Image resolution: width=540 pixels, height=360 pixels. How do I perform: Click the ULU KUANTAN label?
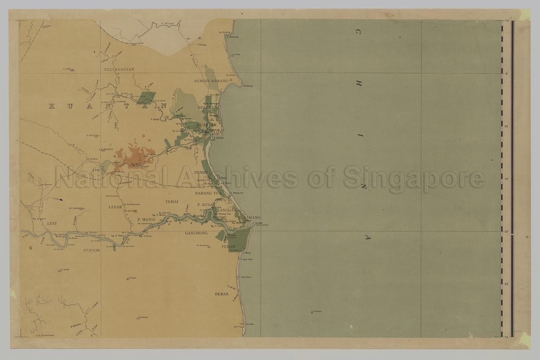[x=119, y=69]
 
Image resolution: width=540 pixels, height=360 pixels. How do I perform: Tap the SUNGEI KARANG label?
[x=209, y=81]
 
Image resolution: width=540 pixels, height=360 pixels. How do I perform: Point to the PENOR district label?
[x=201, y=173]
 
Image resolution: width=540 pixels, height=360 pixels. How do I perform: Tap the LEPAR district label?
[x=115, y=207]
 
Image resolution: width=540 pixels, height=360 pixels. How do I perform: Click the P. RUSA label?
[x=204, y=205]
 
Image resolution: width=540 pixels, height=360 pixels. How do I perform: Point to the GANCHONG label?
[x=196, y=233]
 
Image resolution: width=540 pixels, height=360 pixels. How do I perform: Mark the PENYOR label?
[x=92, y=250]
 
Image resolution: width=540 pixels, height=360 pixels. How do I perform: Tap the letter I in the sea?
[x=362, y=135]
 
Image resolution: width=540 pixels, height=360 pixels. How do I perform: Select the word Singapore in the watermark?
[x=413, y=179]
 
